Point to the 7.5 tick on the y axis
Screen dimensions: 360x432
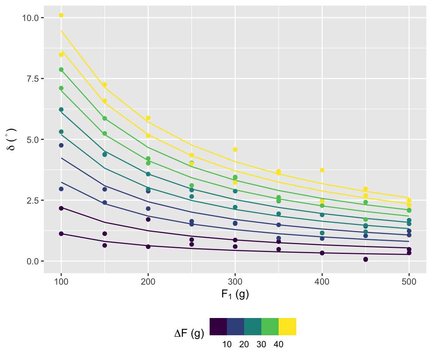32,79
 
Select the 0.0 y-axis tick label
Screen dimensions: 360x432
32,261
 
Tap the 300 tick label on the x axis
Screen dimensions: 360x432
235,281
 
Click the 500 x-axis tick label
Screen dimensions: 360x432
409,281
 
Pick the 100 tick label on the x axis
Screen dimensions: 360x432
61,281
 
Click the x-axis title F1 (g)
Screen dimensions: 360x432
235,295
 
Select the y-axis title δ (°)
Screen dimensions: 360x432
11,139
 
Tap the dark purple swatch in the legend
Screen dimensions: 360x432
218,326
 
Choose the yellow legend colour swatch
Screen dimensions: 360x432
287,326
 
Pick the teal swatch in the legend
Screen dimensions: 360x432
253,326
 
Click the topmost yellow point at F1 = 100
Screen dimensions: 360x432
61,15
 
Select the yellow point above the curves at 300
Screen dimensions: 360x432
235,150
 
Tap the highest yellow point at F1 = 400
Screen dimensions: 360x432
322,170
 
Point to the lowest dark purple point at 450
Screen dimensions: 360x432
366,259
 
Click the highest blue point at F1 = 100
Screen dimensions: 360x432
61,145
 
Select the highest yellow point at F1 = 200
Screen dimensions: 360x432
148,118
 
